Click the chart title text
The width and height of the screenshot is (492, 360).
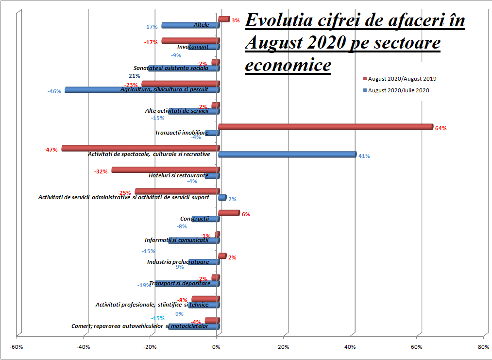355,43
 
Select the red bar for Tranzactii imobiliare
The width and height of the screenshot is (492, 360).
325,127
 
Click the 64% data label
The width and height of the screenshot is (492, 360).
441,129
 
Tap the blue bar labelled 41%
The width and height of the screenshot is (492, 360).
287,154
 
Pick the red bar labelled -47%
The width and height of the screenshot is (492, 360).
140,148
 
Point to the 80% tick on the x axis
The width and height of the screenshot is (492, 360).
484,347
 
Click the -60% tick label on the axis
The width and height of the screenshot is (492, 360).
17,347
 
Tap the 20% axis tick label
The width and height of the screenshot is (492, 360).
284,347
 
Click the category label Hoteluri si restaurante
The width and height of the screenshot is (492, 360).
178,175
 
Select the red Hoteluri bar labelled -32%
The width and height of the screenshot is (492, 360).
165,170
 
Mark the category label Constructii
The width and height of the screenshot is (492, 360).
194,219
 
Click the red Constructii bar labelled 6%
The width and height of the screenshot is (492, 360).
229,213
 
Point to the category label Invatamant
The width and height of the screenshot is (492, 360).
193,47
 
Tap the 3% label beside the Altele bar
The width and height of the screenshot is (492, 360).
236,20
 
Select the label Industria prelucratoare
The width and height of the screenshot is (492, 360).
178,262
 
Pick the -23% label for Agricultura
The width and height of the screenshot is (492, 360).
130,85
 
